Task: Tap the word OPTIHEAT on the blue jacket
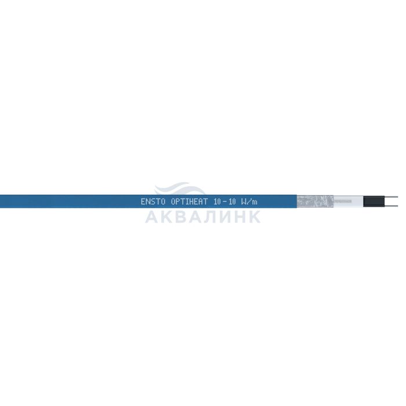coord(189,202)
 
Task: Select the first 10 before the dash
coord(217,202)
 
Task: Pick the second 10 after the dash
coord(233,202)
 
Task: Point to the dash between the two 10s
coord(225,202)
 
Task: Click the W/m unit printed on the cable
coord(249,202)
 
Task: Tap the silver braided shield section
coord(315,201)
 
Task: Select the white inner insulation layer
coord(349,201)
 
